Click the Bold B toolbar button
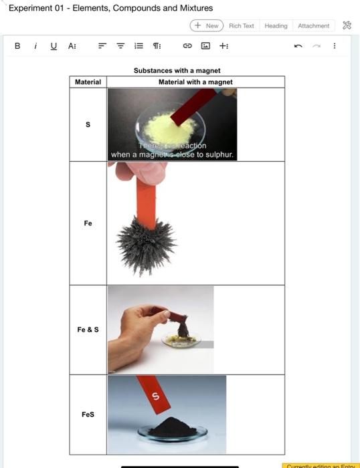(x=17, y=46)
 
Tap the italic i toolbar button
(x=35, y=46)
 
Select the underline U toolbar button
(x=53, y=46)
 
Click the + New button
(x=207, y=25)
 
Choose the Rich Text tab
(x=242, y=25)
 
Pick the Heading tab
(x=276, y=25)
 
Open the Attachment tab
(x=313, y=25)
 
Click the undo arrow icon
(x=297, y=46)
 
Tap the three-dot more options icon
(x=335, y=46)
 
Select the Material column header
(x=88, y=82)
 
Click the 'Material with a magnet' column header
(x=195, y=82)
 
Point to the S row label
(x=88, y=124)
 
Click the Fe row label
(x=88, y=223)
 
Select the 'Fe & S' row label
(x=88, y=330)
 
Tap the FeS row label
(x=88, y=415)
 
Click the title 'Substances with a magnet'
(x=177, y=70)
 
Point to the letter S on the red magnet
(x=156, y=397)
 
